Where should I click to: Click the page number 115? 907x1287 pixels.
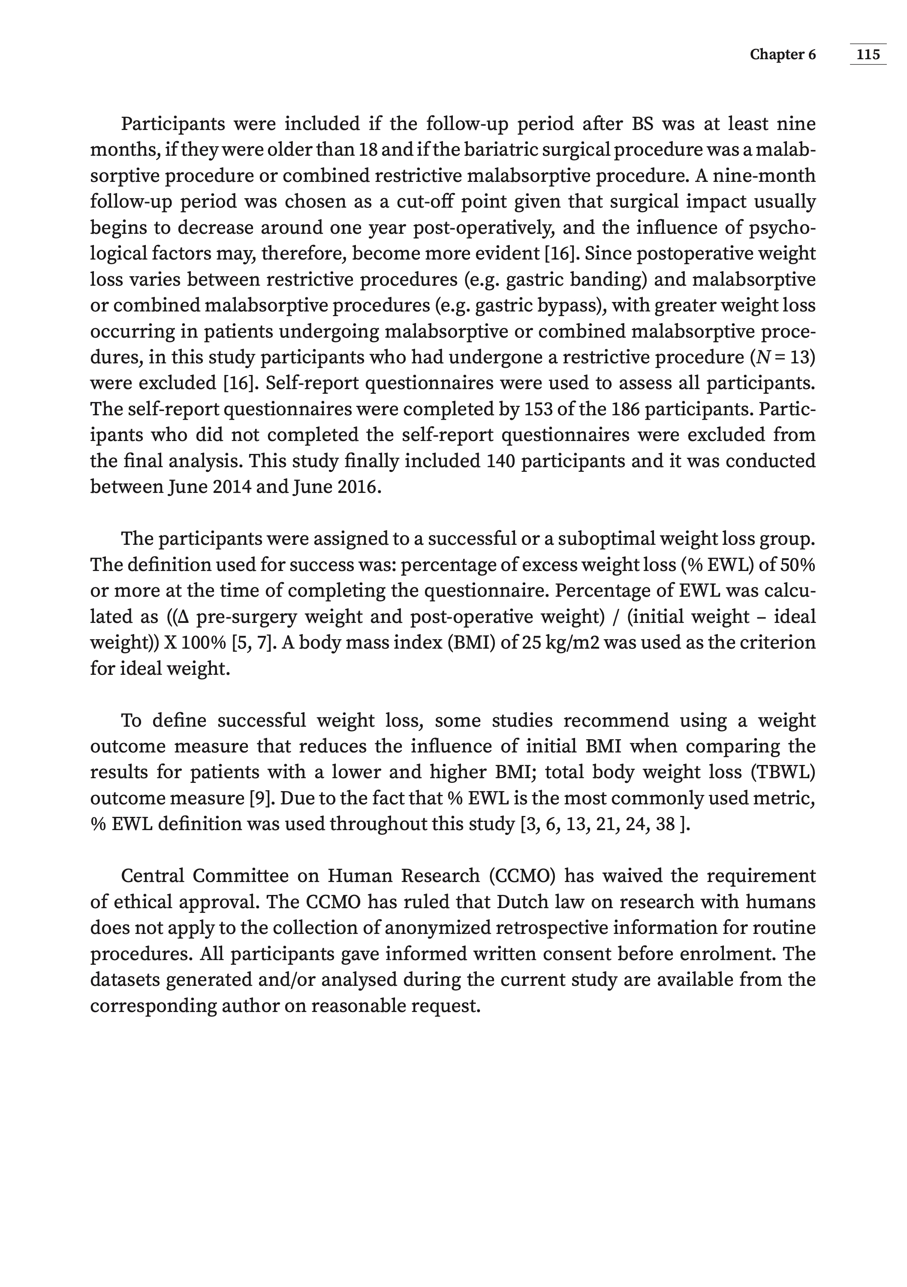[868, 54]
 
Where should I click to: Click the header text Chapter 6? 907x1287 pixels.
[783, 54]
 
